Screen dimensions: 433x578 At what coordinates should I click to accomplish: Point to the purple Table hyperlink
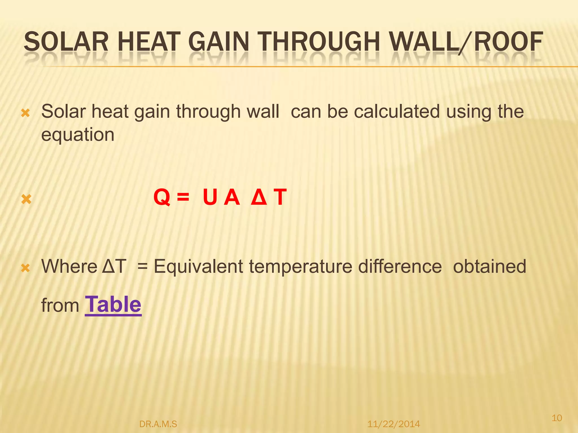click(113, 305)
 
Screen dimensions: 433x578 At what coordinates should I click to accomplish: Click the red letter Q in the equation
click(162, 197)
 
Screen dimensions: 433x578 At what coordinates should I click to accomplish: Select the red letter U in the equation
click(210, 197)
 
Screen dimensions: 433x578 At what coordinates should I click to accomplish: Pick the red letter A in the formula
click(232, 197)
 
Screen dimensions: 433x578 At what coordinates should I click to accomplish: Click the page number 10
click(557, 417)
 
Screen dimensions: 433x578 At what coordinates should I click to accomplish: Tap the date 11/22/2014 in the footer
click(393, 424)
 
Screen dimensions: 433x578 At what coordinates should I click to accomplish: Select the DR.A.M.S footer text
click(158, 424)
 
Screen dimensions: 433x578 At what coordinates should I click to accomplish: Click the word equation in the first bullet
click(78, 135)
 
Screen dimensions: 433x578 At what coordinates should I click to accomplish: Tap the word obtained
click(490, 266)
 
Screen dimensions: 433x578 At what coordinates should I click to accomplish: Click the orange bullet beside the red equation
click(26, 200)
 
